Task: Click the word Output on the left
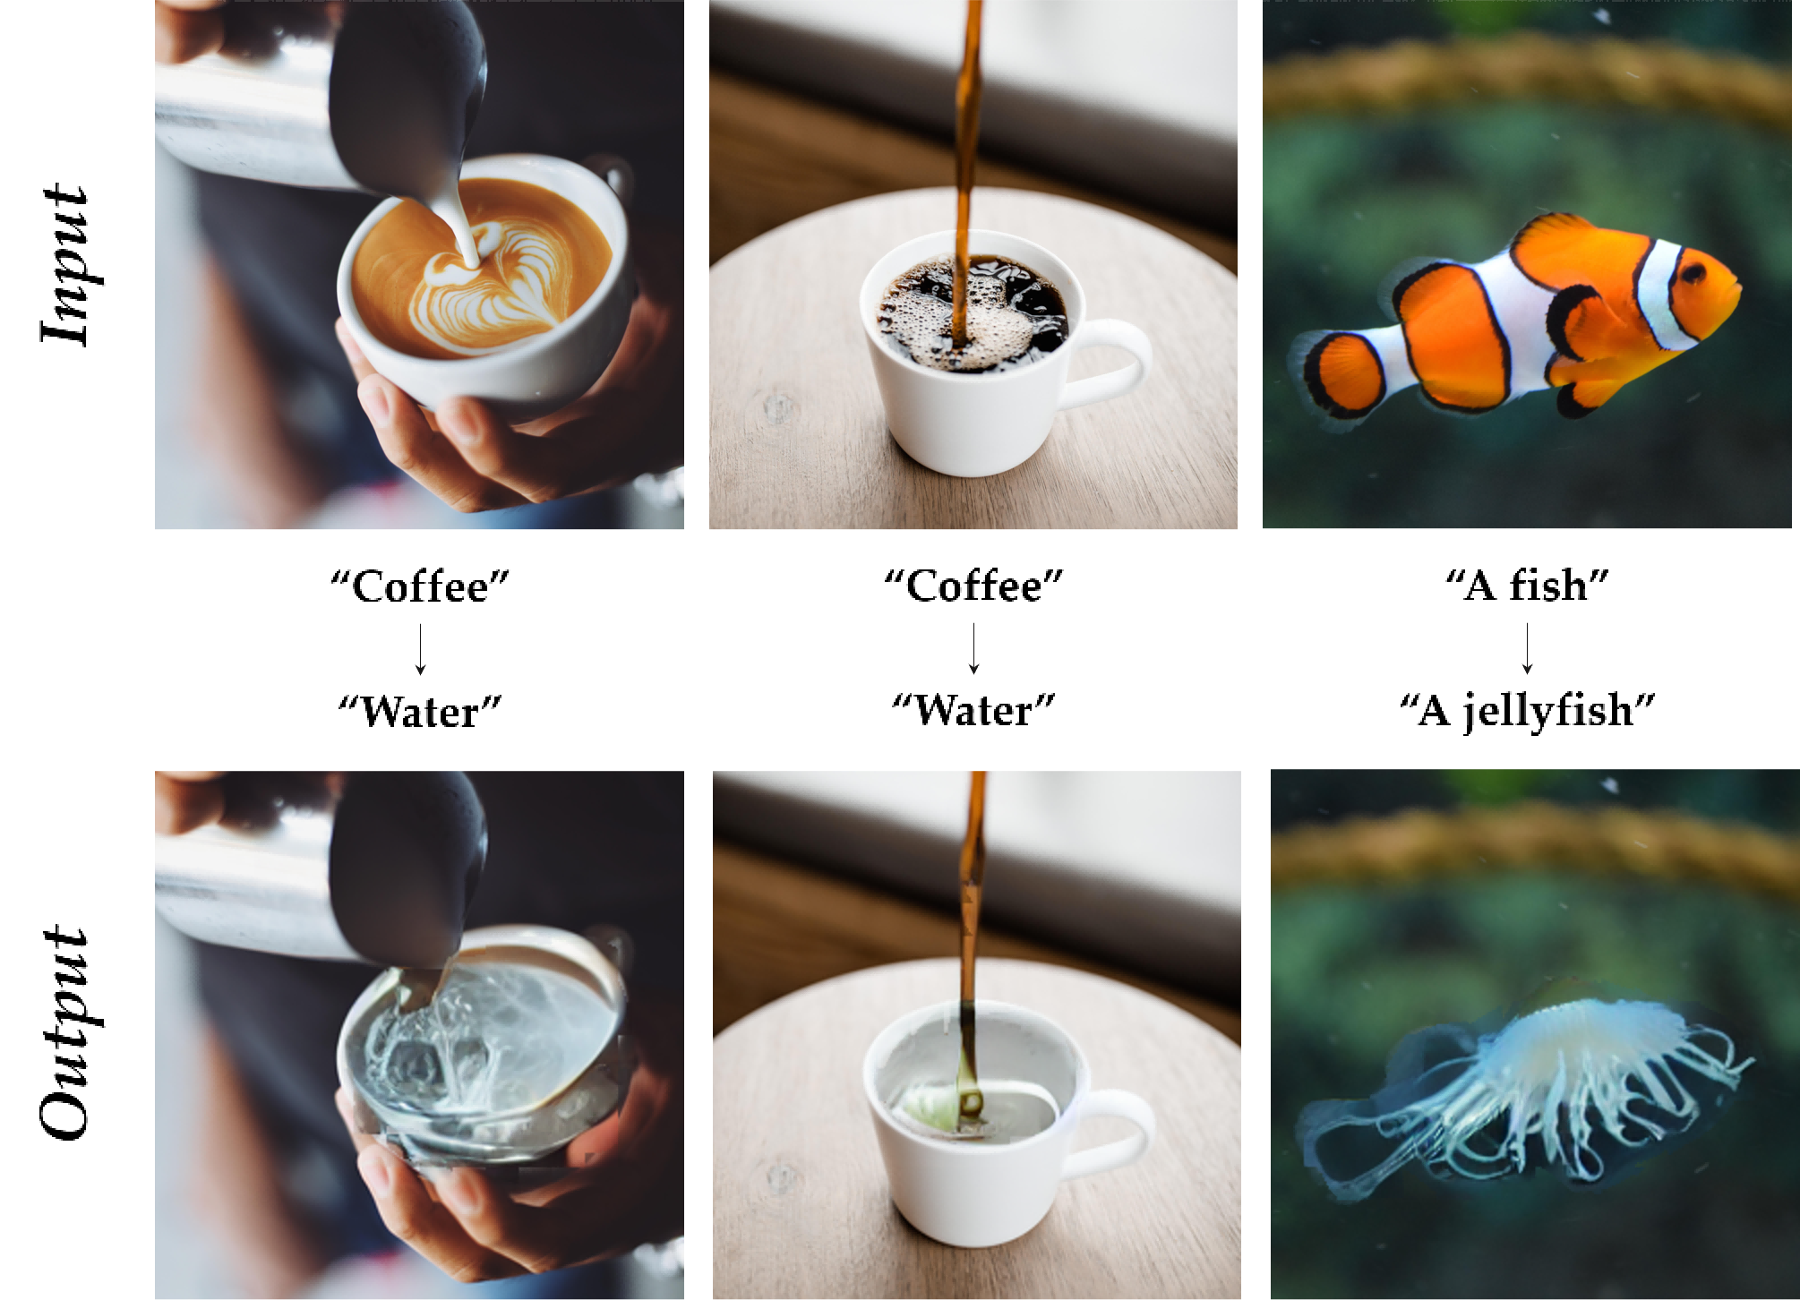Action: [64, 1032]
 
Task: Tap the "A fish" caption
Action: [1527, 586]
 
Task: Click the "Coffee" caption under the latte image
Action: [420, 586]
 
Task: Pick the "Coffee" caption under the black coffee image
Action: [973, 586]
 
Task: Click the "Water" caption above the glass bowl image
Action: [420, 712]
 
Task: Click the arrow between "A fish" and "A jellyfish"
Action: [1527, 647]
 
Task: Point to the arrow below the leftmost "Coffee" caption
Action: [420, 649]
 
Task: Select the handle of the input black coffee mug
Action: [1109, 363]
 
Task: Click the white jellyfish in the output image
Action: [1522, 1097]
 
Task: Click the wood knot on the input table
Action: [777, 407]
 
